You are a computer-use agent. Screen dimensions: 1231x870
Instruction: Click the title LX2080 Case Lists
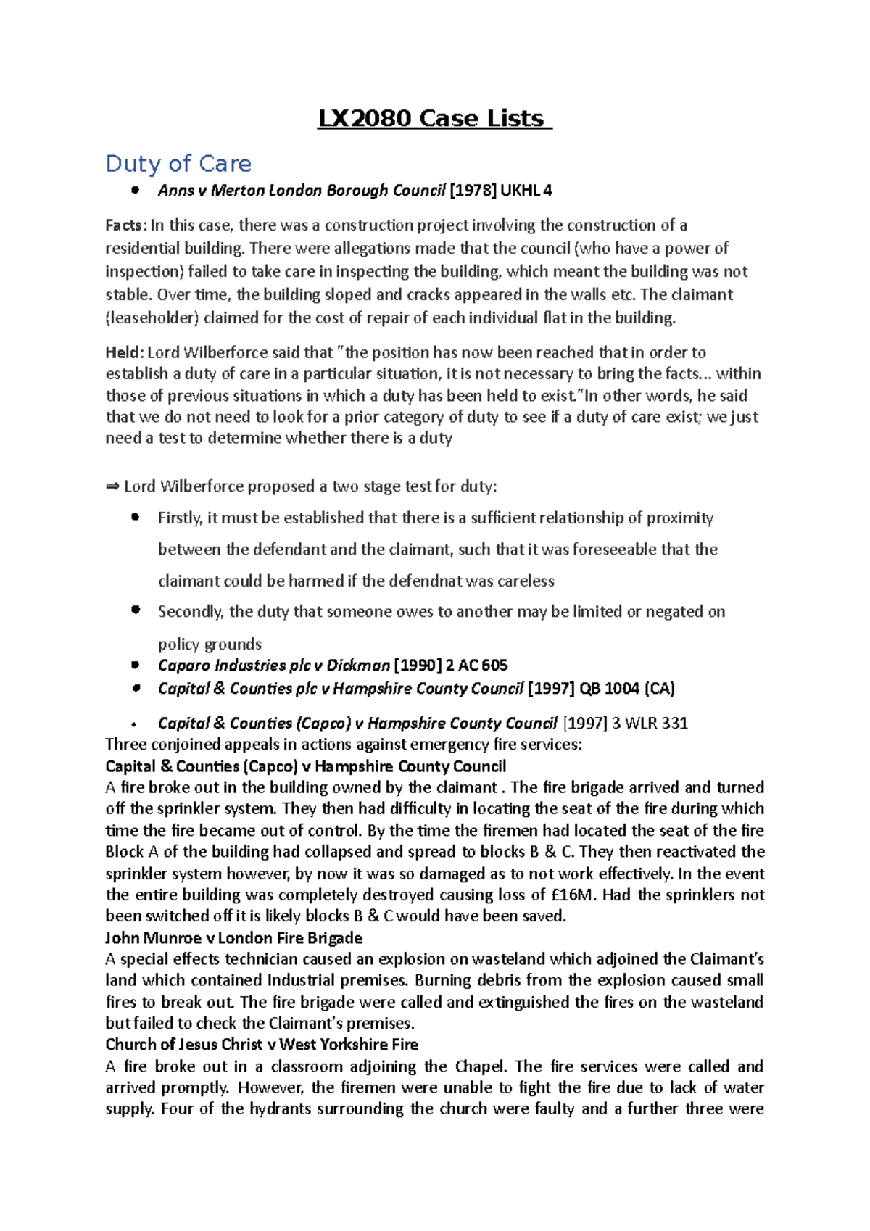(434, 118)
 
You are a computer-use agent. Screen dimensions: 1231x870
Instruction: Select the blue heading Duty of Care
(178, 164)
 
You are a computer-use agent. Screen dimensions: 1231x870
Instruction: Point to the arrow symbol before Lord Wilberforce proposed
(112, 486)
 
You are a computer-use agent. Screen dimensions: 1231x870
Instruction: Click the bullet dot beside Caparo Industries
(135, 665)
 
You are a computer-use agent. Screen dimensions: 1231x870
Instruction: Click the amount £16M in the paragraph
(573, 895)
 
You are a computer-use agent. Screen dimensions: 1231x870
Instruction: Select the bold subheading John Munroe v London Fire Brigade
(233, 938)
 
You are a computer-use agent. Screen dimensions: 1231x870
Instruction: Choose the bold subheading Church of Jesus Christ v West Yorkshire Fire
(262, 1045)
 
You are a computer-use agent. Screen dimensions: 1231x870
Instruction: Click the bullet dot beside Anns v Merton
(135, 191)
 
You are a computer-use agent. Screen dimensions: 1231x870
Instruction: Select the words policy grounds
(210, 644)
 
